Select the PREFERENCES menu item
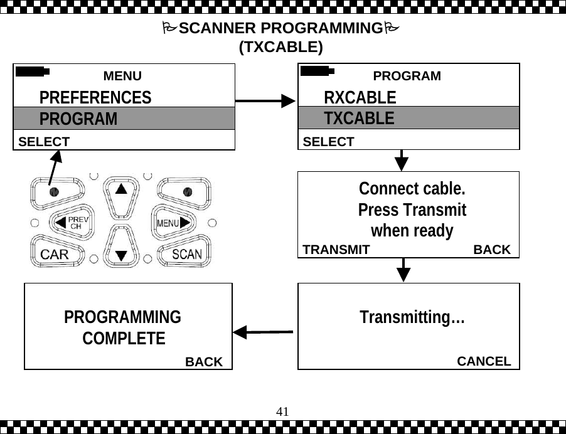[x=95, y=98]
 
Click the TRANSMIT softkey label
[x=336, y=250]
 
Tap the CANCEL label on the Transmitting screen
[x=484, y=361]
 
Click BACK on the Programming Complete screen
[x=204, y=362]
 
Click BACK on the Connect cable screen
[x=492, y=250]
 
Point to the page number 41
[x=282, y=411]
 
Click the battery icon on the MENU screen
[x=33, y=71]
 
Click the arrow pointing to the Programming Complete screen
[x=264, y=331]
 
